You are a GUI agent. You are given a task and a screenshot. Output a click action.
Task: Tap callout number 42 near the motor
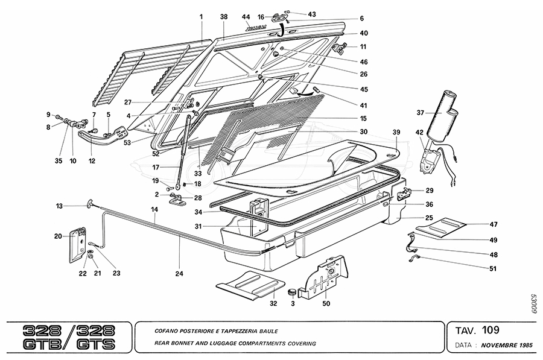coord(419,132)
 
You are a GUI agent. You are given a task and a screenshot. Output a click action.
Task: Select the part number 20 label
coord(58,236)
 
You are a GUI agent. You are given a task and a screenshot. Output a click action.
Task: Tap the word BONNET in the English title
coord(184,344)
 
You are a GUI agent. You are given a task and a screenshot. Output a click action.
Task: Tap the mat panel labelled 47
coord(443,227)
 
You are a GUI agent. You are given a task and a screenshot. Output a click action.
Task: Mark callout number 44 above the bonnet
coord(246,16)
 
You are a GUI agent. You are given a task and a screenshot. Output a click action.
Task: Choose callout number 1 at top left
coord(202,17)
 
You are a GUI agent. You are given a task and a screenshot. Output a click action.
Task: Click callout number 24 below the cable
coord(179,273)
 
